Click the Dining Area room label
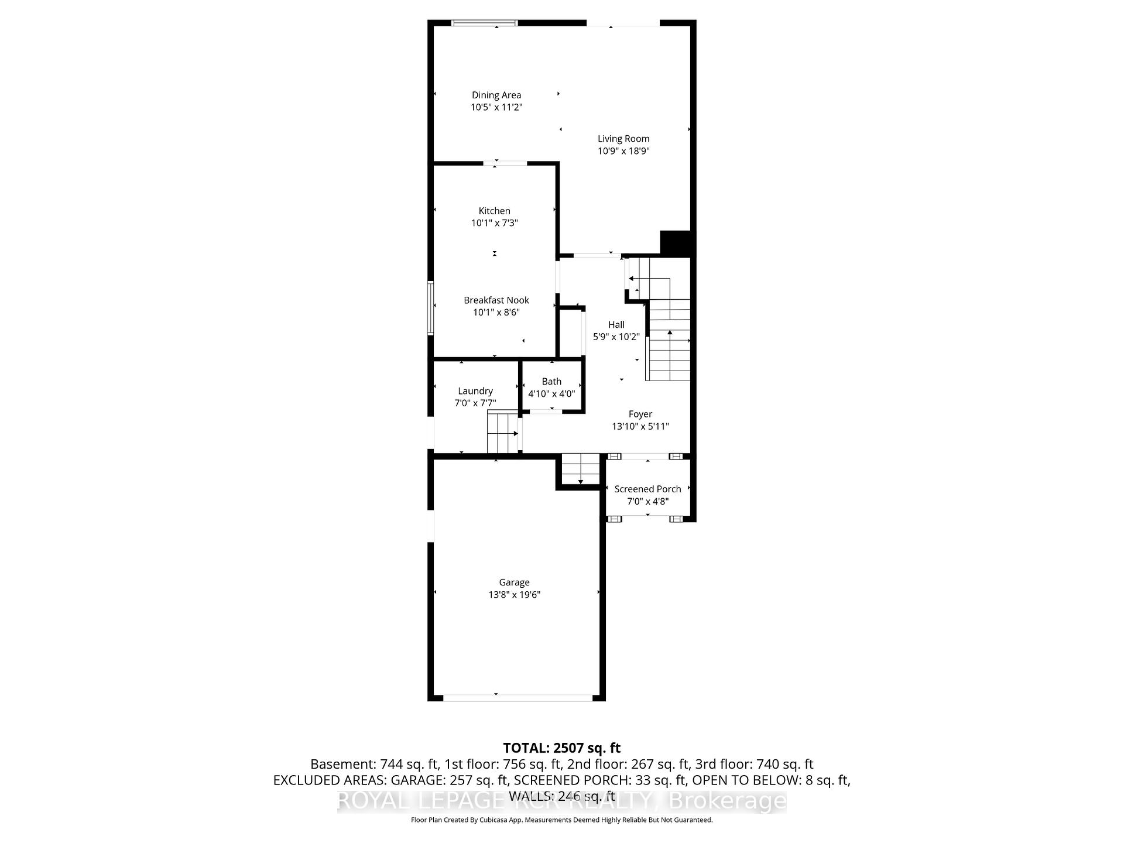tap(496, 95)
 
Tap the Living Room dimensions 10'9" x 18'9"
tap(623, 151)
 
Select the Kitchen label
tap(495, 211)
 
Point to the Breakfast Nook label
tap(496, 300)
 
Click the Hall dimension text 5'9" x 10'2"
tap(616, 337)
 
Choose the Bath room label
tap(551, 382)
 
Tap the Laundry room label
tap(475, 391)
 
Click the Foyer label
tap(640, 414)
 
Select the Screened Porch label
tap(647, 489)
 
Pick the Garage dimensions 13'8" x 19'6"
tap(515, 595)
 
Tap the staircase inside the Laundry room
tap(503, 432)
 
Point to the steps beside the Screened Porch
tap(581, 469)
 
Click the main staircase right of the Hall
tap(669, 340)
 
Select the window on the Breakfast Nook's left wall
tap(431, 308)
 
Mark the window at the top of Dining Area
tap(485, 23)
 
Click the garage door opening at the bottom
tap(518, 697)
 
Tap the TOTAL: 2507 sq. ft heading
tap(561, 748)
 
